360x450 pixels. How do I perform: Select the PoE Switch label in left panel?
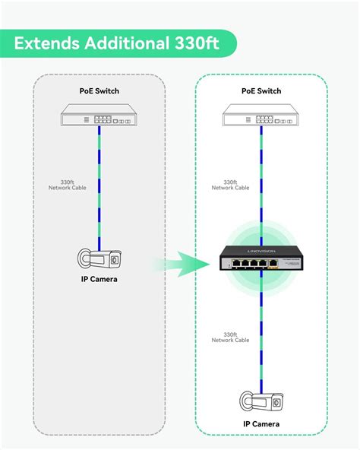pyautogui.click(x=99, y=91)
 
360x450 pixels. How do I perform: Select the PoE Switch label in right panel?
pyautogui.click(x=261, y=91)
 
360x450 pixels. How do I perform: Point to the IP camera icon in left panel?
pyautogui.click(x=99, y=258)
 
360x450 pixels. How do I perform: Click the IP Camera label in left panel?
pyautogui.click(x=99, y=280)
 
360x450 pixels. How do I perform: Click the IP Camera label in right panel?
pyautogui.click(x=261, y=423)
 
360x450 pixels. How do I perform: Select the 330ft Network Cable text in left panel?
pyautogui.click(x=77, y=185)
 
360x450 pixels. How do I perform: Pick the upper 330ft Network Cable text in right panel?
pyautogui.click(x=230, y=185)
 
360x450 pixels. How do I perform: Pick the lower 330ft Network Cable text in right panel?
pyautogui.click(x=230, y=337)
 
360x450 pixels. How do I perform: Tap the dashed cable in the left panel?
pyautogui.click(x=99, y=205)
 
